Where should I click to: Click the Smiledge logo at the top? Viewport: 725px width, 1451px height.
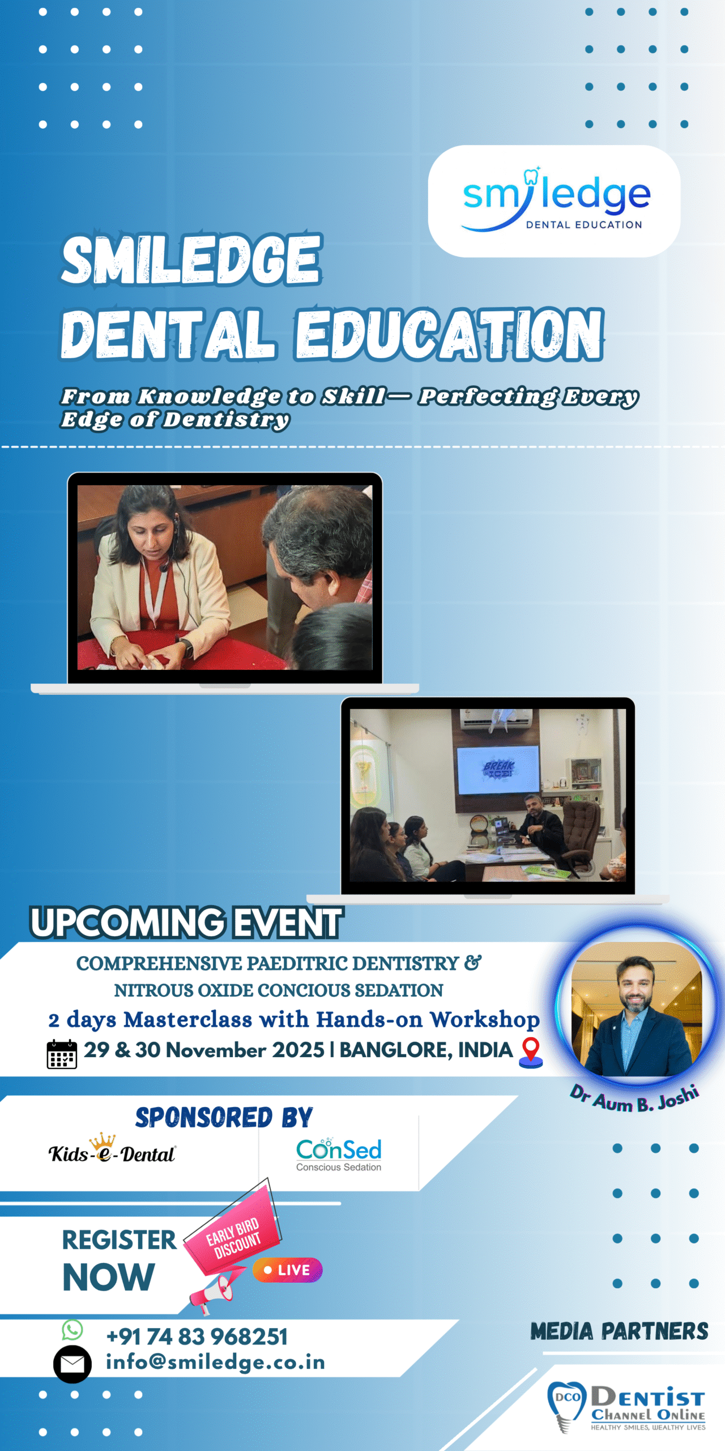tap(556, 200)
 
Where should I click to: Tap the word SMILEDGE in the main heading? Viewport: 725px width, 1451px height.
tap(192, 260)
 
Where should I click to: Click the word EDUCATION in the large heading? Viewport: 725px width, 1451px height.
tap(450, 334)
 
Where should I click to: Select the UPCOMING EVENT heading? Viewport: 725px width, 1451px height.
tap(187, 922)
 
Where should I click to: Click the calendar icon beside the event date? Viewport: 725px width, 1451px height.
tap(62, 1054)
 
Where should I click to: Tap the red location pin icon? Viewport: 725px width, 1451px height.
tap(531, 1053)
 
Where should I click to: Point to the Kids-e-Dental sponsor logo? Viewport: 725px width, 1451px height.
tap(112, 1148)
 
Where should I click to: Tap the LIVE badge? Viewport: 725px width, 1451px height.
tap(288, 1270)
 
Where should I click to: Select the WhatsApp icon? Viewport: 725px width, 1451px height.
tap(72, 1330)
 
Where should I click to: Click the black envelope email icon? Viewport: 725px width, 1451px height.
tap(72, 1364)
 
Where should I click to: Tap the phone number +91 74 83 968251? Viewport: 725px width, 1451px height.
tap(197, 1337)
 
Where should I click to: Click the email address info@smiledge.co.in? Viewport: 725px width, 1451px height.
tap(216, 1362)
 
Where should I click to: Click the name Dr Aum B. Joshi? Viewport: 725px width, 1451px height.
tap(635, 1098)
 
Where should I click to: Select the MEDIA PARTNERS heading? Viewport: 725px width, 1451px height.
tap(619, 1331)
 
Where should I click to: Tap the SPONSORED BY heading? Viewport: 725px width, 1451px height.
tap(224, 1118)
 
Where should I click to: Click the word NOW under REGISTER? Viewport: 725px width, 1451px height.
tap(109, 1278)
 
